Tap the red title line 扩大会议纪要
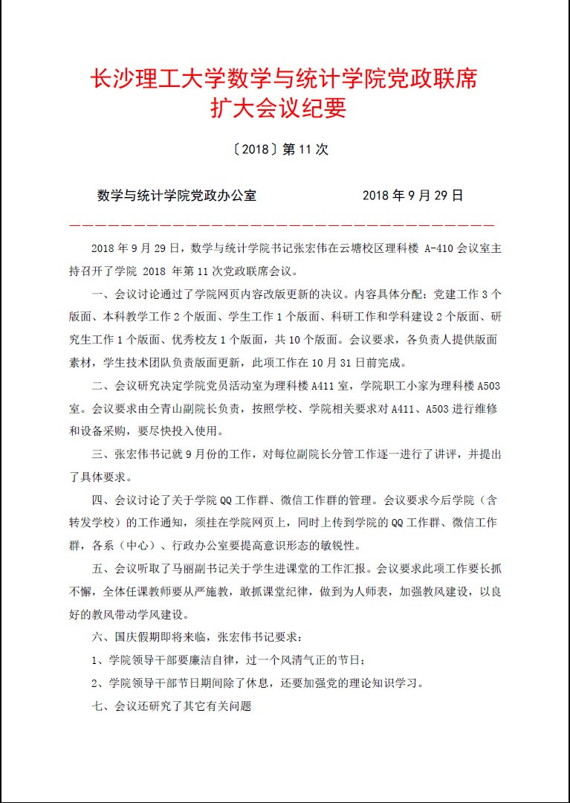(x=279, y=109)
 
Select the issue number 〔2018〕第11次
(x=279, y=149)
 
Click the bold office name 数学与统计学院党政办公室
(x=177, y=196)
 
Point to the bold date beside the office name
(x=412, y=196)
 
